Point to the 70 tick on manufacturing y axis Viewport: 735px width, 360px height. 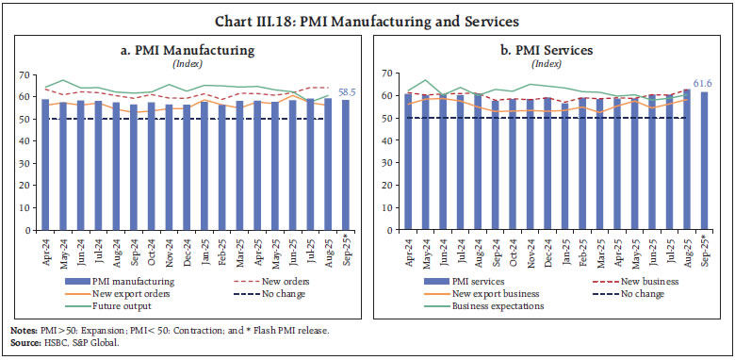[x=27, y=74]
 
